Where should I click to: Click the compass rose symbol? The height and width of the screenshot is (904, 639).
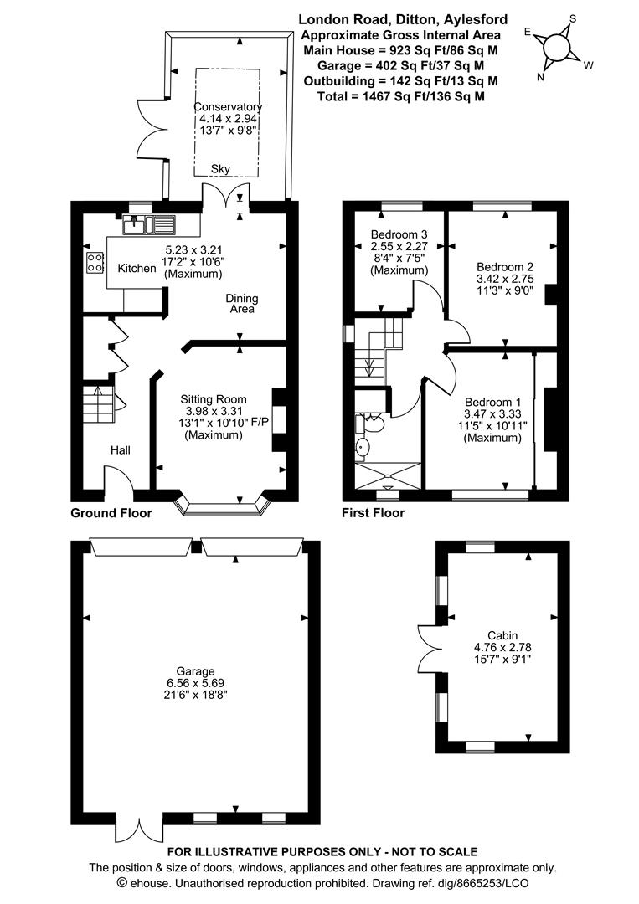click(558, 47)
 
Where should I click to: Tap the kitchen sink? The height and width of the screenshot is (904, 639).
click(149, 225)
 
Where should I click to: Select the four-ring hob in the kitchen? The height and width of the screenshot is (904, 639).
click(95, 262)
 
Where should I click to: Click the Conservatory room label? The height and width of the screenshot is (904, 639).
click(228, 106)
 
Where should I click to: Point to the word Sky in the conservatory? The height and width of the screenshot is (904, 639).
click(220, 169)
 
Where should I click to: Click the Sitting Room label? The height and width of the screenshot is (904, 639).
click(214, 399)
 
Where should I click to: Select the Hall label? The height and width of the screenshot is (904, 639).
click(121, 449)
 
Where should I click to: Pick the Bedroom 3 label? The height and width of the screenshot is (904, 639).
click(399, 234)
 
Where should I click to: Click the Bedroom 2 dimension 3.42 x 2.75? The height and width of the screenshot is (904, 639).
click(505, 279)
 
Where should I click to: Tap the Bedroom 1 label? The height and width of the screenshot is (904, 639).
click(493, 402)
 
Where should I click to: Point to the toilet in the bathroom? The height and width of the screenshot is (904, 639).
click(370, 424)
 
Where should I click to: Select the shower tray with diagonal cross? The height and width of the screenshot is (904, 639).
click(388, 475)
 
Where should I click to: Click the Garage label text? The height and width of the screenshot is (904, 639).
click(195, 671)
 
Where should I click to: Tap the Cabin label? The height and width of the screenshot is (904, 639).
click(502, 635)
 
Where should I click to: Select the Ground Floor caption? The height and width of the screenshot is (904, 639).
click(111, 512)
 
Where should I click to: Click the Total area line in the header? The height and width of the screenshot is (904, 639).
click(401, 96)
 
